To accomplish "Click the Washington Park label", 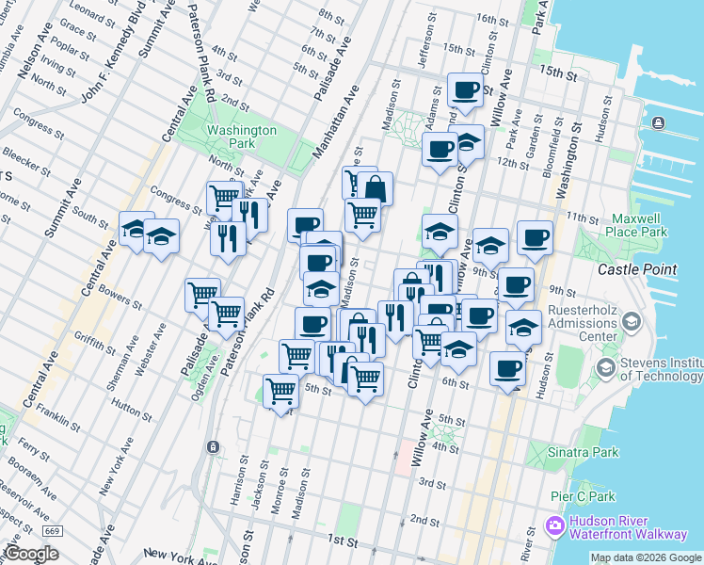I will [x=242, y=137].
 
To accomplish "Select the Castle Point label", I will [x=637, y=269].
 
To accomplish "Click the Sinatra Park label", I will [x=584, y=452].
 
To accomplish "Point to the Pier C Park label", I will [x=584, y=496].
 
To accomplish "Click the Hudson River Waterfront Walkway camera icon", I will [x=554, y=525].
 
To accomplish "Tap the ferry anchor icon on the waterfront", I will [x=658, y=123].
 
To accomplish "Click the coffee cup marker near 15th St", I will [x=465, y=91].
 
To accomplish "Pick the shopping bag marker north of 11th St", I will [x=375, y=188].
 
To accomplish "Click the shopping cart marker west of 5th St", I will [x=280, y=391].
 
